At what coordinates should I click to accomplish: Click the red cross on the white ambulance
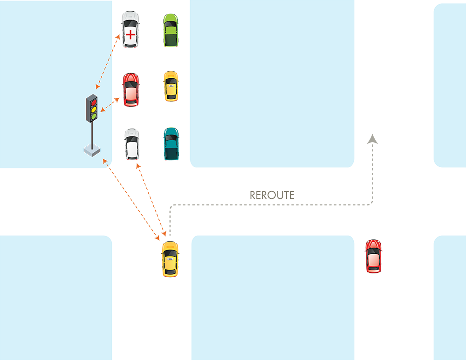point(131,35)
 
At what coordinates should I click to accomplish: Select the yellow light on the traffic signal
point(93,109)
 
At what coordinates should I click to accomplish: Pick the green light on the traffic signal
point(93,116)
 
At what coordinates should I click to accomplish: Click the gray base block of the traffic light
point(92,150)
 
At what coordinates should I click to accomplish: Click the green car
point(171,30)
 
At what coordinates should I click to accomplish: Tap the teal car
point(171,143)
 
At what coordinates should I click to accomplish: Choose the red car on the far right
point(374,256)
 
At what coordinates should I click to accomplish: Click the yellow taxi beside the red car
point(171,86)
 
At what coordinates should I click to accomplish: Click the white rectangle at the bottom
point(151,345)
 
